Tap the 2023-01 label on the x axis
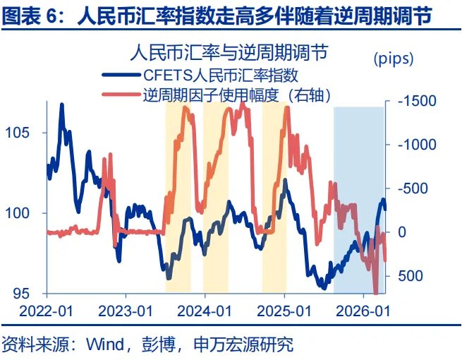(127, 311)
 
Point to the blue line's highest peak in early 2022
(62, 104)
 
